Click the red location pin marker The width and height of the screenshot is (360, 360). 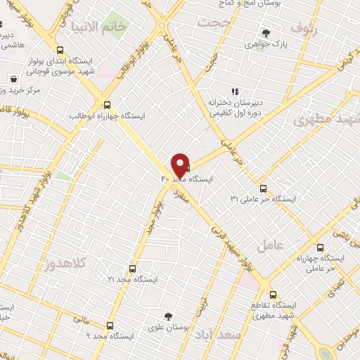[180, 165]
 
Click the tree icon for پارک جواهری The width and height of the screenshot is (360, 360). [266, 32]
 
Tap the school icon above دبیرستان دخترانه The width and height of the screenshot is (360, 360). [235, 91]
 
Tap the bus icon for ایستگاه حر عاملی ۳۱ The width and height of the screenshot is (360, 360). [263, 188]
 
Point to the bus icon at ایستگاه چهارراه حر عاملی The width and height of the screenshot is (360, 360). [321, 247]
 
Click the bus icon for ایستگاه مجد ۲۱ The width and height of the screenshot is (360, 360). [133, 269]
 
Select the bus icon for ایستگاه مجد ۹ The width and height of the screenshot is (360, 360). [110, 326]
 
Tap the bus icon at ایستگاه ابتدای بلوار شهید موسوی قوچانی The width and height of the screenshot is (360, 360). [60, 51]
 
